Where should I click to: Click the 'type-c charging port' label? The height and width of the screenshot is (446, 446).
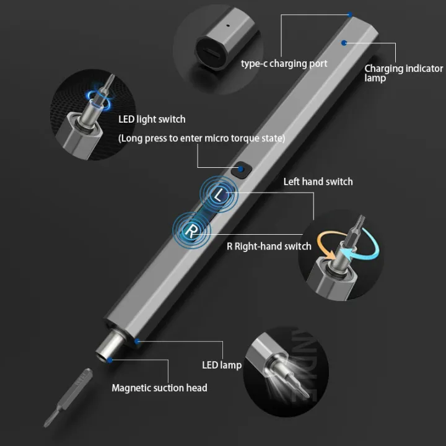[x=284, y=63]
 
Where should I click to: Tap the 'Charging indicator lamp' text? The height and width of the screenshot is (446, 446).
[x=403, y=73]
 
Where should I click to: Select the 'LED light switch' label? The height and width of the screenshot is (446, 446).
[x=152, y=119]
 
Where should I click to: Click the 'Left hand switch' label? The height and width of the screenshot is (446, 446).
[x=318, y=181]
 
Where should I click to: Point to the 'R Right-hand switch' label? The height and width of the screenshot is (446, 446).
[x=269, y=246]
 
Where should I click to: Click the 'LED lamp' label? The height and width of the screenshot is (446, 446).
[x=222, y=365]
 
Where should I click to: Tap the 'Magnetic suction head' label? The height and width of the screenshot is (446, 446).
[x=159, y=388]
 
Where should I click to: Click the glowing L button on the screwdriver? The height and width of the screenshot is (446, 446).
[x=218, y=194]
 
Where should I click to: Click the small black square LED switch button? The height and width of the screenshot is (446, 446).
[x=242, y=168]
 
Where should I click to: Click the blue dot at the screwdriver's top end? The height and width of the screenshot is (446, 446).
[x=350, y=14]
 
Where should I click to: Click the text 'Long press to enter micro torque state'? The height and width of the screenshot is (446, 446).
[x=201, y=138]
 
